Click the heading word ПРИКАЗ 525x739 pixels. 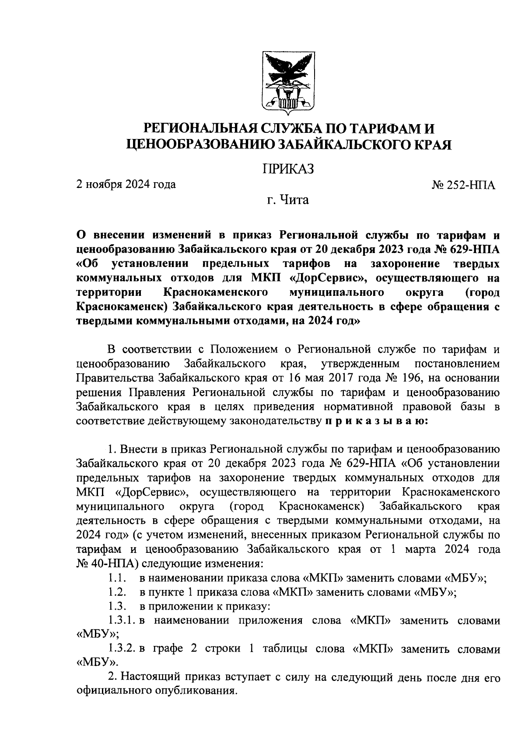click(x=288, y=169)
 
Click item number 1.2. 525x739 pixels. click(x=118, y=593)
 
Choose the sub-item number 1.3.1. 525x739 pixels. click(x=122, y=621)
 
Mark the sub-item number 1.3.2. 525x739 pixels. click(x=122, y=649)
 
